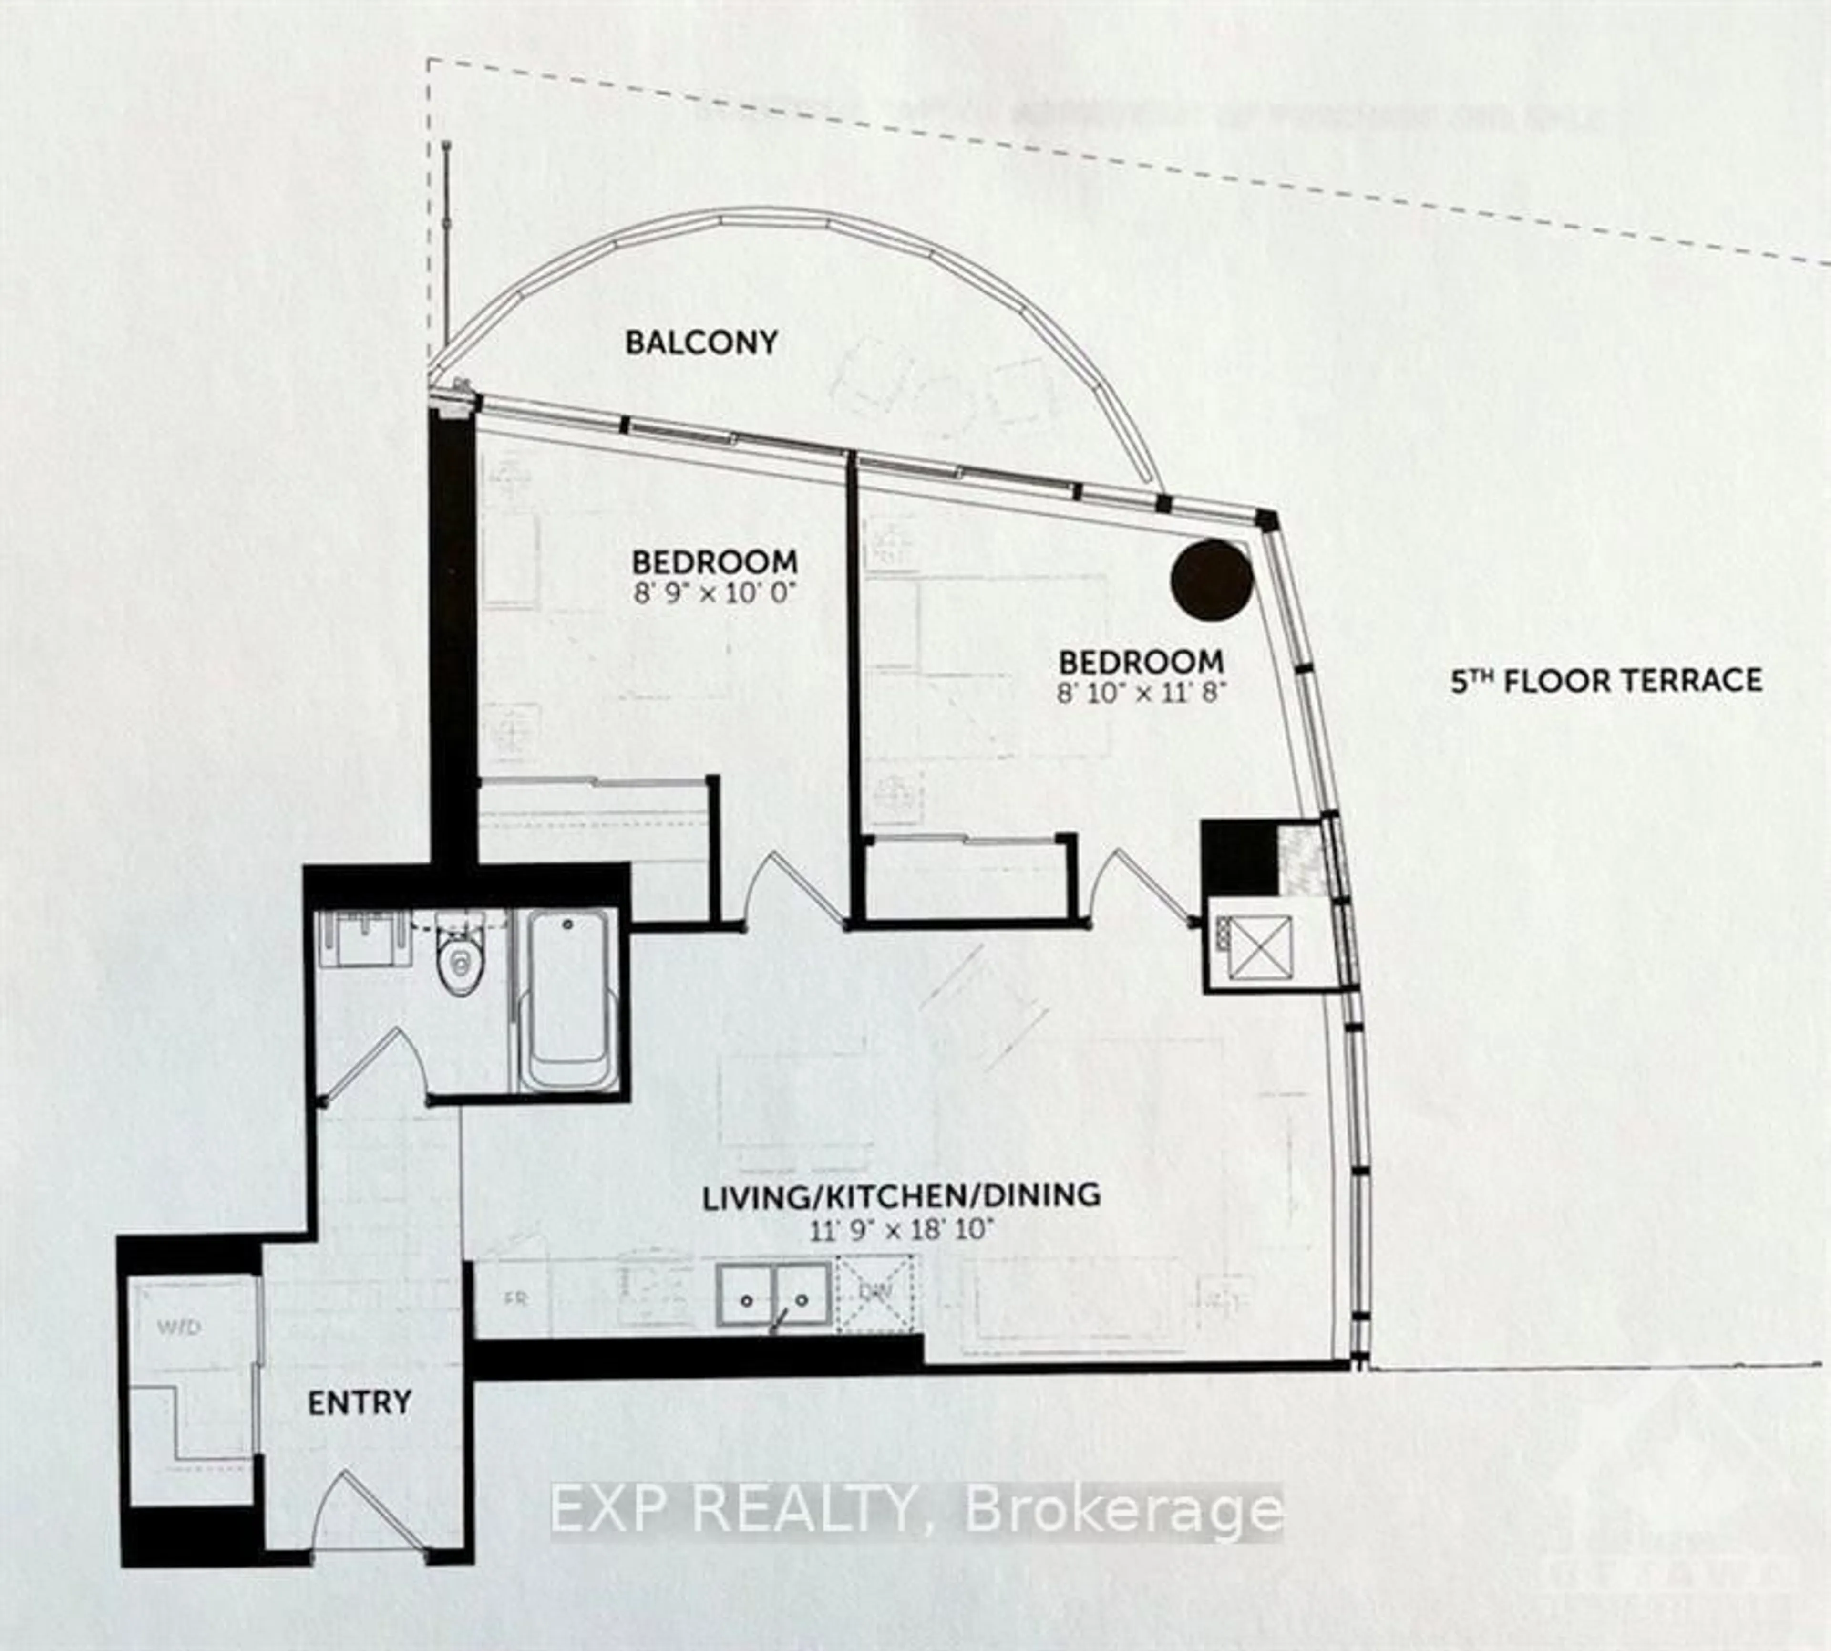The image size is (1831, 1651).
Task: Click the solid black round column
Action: pos(1212,581)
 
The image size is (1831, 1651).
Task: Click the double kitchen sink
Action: pos(773,1297)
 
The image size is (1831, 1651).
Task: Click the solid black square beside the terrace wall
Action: pos(1239,857)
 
